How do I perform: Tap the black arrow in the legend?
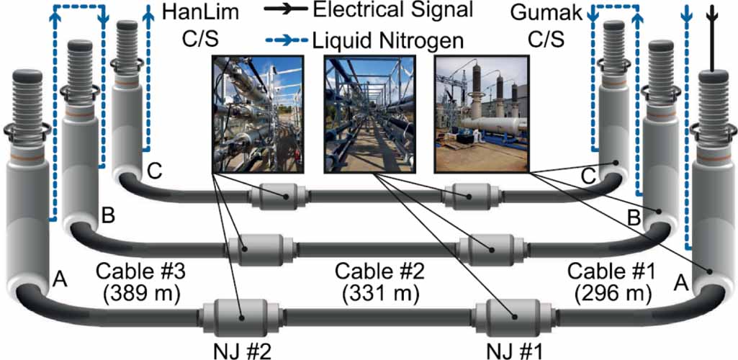click(283, 10)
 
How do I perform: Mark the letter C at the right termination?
click(589, 173)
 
